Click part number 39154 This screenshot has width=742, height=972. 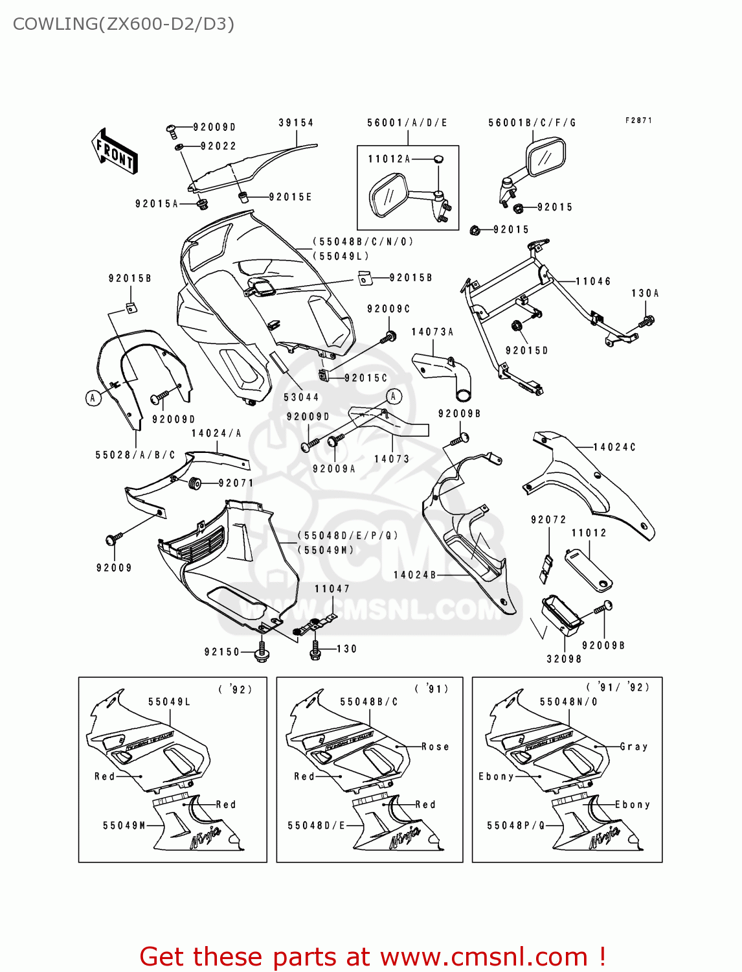296,122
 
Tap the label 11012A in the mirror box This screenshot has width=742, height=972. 389,159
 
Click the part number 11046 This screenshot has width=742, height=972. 593,281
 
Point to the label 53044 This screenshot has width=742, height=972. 301,397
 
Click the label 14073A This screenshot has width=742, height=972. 433,332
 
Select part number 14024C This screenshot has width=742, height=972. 614,447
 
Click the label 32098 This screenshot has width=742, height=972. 564,659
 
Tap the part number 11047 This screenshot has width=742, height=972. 332,588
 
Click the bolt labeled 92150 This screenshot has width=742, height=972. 262,651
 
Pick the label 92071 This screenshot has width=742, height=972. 236,483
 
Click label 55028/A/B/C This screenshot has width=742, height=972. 135,455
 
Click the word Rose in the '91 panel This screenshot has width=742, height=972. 435,746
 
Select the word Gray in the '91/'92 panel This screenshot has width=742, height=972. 633,746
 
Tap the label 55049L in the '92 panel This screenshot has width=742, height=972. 169,702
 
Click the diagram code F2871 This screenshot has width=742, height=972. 638,121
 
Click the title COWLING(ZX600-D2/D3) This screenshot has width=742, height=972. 123,24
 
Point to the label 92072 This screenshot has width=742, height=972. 548,520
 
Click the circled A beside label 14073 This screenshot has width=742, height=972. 394,396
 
